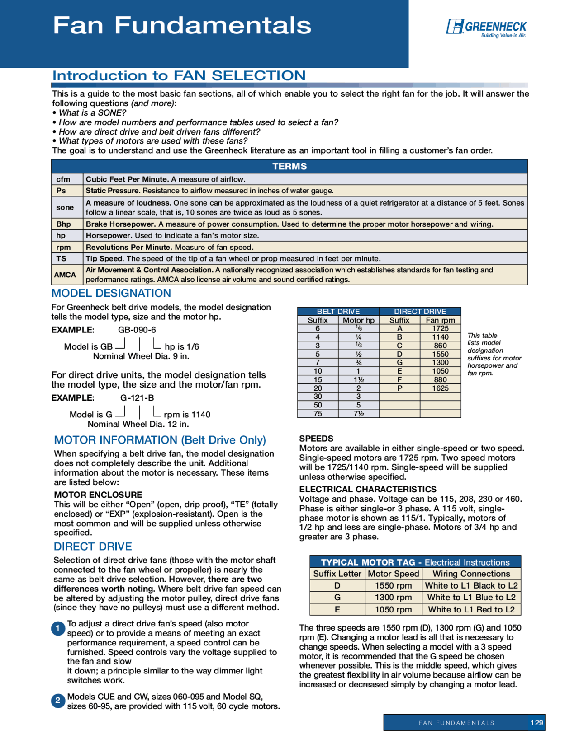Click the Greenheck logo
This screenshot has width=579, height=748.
point(486,28)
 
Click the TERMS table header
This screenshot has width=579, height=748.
point(289,166)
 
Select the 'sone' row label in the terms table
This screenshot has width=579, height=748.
point(65,207)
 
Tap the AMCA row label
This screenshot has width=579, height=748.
point(65,275)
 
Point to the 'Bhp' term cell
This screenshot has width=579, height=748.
point(64,224)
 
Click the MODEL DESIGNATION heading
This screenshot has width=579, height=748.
point(111,293)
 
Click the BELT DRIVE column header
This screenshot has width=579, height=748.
point(338,311)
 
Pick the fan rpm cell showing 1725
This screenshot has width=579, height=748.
point(440,328)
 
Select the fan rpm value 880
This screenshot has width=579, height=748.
point(440,379)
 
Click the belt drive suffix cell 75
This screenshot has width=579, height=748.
point(318,414)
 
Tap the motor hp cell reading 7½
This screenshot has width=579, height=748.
point(358,414)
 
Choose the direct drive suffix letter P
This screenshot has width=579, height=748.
point(399,388)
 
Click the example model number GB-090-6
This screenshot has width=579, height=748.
point(137,330)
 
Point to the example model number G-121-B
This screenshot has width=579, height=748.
point(137,398)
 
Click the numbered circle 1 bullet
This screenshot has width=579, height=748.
point(58,628)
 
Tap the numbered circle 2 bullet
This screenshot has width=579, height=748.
point(58,701)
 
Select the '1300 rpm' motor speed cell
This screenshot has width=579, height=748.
point(393,597)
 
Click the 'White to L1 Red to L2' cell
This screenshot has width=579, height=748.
point(471,609)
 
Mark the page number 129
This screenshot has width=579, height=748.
point(536,723)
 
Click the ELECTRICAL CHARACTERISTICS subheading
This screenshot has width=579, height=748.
point(368,489)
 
